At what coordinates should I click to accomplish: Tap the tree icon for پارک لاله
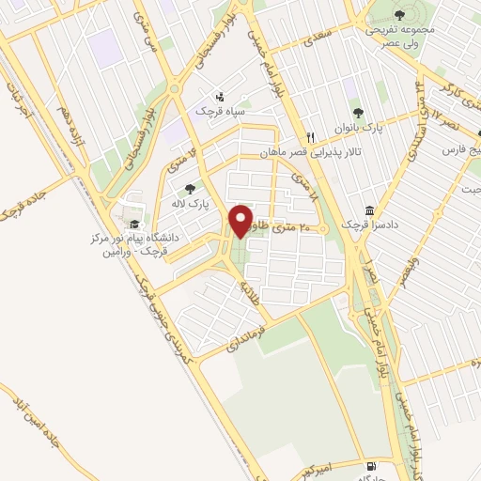pos(190,188)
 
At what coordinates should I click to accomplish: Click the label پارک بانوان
pos(356,125)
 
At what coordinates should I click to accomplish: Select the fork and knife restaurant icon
pos(311,134)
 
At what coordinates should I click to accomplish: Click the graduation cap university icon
pos(133,225)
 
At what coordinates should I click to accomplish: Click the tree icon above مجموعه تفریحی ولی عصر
pos(400,14)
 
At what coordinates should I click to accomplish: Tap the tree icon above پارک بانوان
pos(356,112)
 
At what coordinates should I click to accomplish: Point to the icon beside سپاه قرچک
pos(219,96)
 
